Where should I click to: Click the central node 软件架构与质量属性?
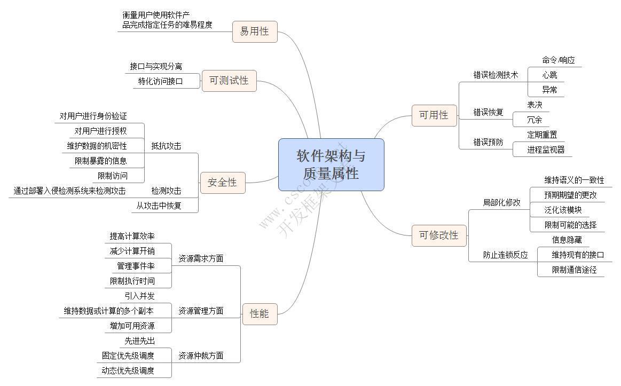click(331, 164)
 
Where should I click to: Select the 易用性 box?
click(255, 31)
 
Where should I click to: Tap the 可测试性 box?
click(229, 81)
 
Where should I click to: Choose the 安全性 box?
click(222, 183)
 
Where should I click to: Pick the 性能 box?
click(260, 313)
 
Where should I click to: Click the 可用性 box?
click(434, 115)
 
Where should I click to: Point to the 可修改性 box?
click(438, 235)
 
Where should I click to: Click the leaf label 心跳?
click(549, 75)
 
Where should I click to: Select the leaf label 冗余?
click(534, 120)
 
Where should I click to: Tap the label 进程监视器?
click(546, 149)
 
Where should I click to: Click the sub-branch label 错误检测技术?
click(496, 75)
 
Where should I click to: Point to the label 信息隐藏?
click(567, 240)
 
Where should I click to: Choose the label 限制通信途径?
click(574, 270)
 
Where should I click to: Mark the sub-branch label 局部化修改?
click(501, 202)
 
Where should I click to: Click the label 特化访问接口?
click(160, 81)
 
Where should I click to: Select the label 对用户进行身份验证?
click(93, 116)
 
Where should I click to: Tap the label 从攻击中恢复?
click(159, 206)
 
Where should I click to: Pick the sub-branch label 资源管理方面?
click(201, 311)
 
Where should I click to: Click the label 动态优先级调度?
click(128, 371)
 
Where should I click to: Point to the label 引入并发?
click(139, 296)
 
